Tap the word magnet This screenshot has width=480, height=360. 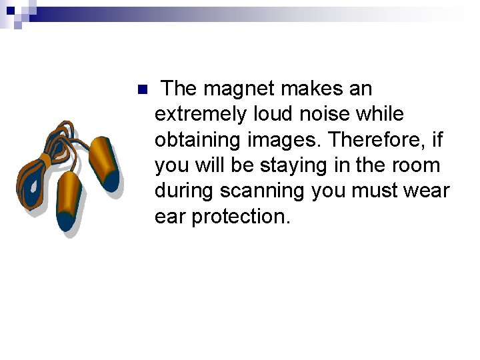click(239, 89)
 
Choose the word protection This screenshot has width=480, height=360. click(241, 217)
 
